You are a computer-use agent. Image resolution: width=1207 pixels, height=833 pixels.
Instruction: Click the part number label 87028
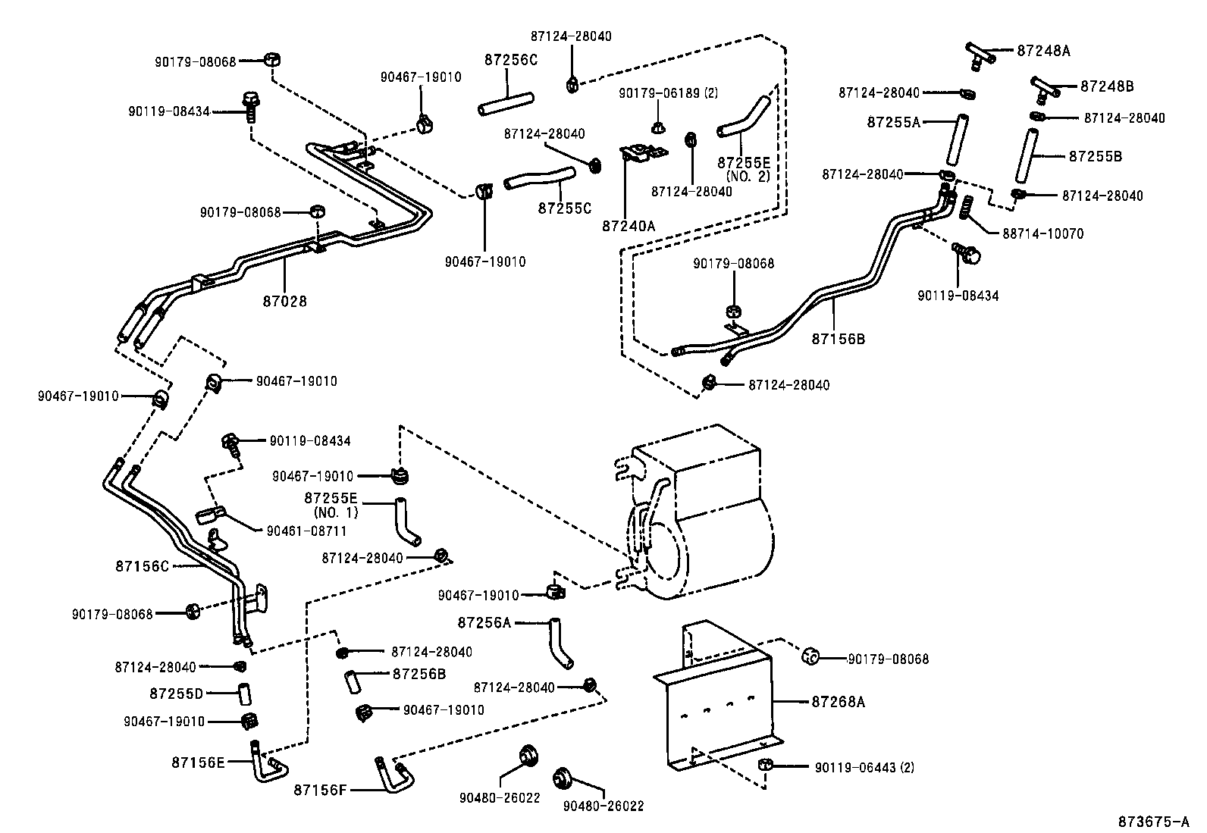(285, 301)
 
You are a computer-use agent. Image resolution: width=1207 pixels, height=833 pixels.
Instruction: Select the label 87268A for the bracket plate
(838, 702)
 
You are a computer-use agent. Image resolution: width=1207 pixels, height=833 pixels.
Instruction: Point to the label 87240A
(629, 225)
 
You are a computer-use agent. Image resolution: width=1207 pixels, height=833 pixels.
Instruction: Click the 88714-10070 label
(1042, 234)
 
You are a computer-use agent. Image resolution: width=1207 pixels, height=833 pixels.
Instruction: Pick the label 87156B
(838, 339)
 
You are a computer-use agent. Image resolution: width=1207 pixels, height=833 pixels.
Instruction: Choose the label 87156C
(143, 565)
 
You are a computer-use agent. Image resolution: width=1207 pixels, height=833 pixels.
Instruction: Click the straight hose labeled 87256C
(506, 104)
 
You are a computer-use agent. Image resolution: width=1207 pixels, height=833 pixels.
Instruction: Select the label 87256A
(484, 622)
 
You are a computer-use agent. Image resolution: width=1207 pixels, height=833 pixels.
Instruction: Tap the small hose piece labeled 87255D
(244, 693)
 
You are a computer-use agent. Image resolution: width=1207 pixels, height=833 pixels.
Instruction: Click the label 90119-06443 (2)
(864, 767)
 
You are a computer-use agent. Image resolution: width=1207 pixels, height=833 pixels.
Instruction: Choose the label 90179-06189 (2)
(668, 92)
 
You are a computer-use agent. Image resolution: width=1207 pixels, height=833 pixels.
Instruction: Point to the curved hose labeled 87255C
(538, 178)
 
